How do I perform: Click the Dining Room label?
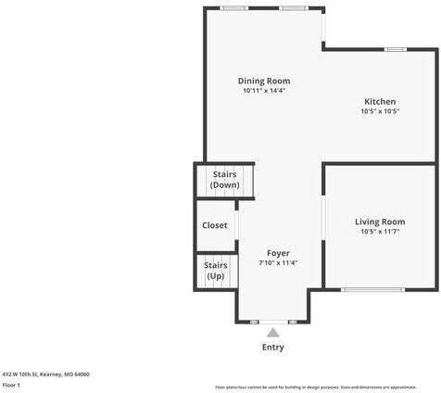coord(264,81)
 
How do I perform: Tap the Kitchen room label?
coord(380,101)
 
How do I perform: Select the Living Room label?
coord(380,222)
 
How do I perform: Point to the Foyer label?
coord(278,252)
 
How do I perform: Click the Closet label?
coord(215,225)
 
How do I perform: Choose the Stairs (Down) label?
coord(224,179)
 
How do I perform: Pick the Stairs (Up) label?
coord(215,271)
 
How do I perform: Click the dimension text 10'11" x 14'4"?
coord(264,91)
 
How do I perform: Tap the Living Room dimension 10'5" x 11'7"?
coord(380,232)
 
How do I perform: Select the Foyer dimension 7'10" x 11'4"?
coord(278,262)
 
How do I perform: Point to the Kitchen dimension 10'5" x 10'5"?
coord(380,111)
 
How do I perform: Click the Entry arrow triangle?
coord(272,332)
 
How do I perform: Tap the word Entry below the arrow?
coord(272,348)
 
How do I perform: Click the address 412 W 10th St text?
coord(45,374)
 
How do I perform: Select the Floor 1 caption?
coord(11,384)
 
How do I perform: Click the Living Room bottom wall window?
coord(372,290)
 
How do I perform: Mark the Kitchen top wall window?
coord(396,49)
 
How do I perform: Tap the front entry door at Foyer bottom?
coord(273,321)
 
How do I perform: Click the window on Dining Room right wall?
coord(323,28)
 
